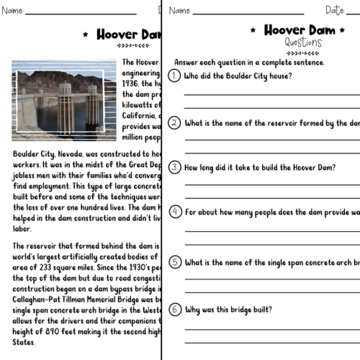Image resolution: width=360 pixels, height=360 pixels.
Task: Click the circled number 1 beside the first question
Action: (174, 76)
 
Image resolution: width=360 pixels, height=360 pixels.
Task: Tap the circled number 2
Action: (174, 122)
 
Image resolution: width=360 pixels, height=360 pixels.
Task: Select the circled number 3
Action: (174, 167)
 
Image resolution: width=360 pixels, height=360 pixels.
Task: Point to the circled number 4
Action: (174, 212)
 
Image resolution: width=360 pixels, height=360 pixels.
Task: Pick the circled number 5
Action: (174, 262)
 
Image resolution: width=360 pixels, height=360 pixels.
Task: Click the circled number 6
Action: (174, 309)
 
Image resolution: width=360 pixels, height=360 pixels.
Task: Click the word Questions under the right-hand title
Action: (303, 42)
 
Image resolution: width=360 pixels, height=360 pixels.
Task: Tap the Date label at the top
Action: (336, 11)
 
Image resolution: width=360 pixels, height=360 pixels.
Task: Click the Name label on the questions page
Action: (180, 11)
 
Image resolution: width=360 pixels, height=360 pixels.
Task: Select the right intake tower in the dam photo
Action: (93, 106)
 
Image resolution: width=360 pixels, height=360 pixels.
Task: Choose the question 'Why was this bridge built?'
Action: (228, 310)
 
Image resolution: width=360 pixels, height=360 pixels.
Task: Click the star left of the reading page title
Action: (86, 34)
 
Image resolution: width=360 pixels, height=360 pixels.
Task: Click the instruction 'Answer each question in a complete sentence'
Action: (249, 62)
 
